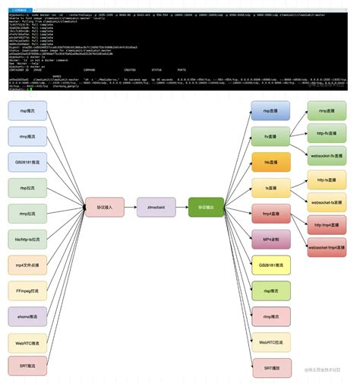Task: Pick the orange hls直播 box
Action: click(271, 163)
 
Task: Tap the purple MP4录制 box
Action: click(271, 240)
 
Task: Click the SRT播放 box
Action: click(271, 368)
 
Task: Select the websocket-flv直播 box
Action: click(328, 156)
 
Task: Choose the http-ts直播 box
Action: click(328, 180)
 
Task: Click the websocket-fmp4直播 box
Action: click(328, 247)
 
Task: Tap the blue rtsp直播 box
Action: click(271, 111)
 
